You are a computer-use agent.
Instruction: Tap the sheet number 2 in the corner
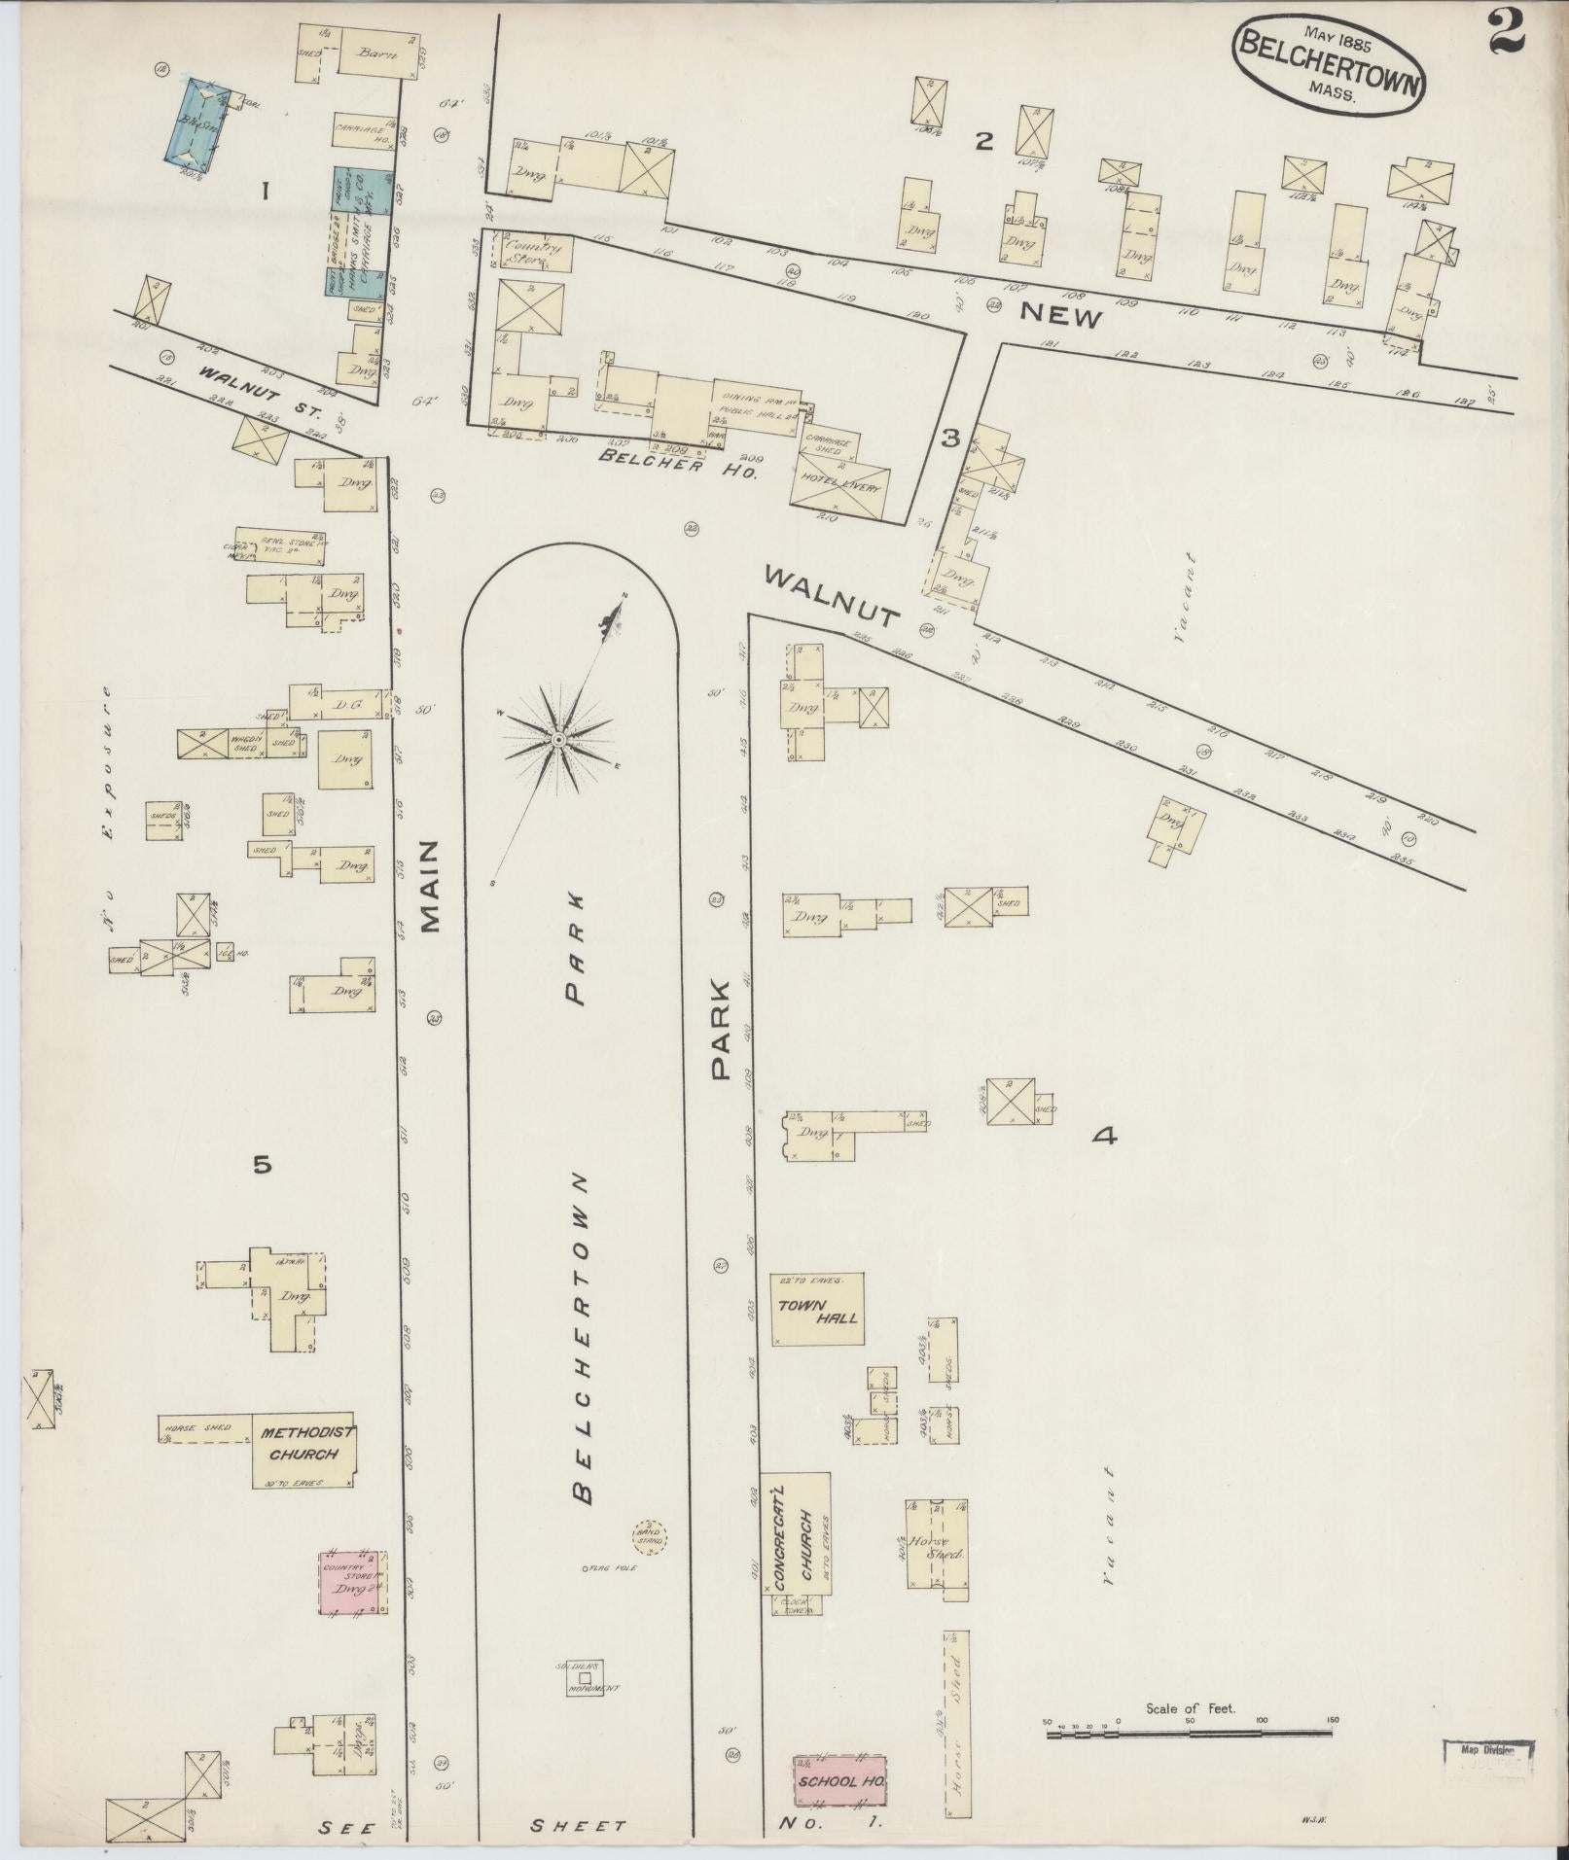[1505, 30]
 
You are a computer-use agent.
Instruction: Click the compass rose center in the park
[558, 740]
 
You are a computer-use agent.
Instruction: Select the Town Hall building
[817, 1310]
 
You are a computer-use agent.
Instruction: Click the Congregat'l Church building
[796, 1531]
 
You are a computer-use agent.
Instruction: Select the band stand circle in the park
[649, 1538]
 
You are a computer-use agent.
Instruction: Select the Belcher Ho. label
[664, 461]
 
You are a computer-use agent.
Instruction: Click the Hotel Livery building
[838, 482]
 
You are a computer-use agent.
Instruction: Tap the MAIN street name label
[431, 886]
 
